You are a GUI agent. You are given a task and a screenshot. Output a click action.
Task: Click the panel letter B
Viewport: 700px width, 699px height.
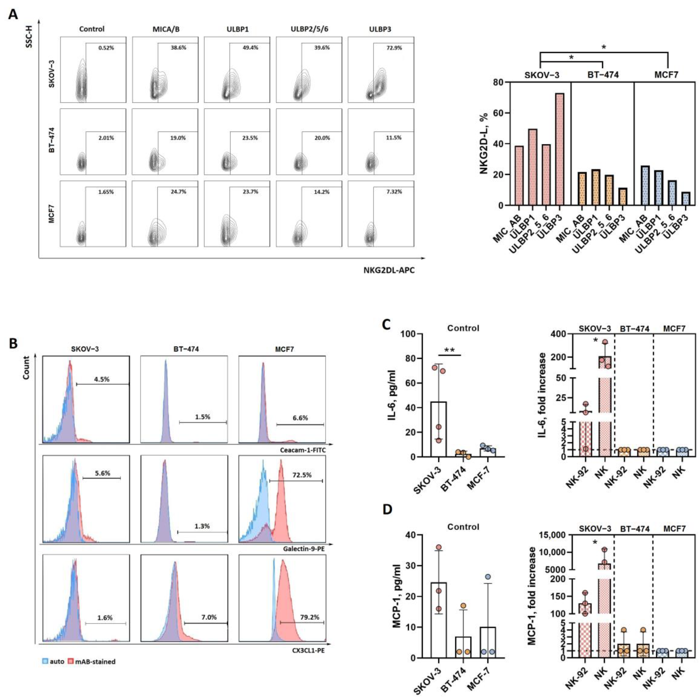pyautogui.click(x=13, y=343)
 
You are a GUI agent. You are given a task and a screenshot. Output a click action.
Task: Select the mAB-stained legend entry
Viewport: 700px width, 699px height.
pyautogui.click(x=95, y=672)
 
